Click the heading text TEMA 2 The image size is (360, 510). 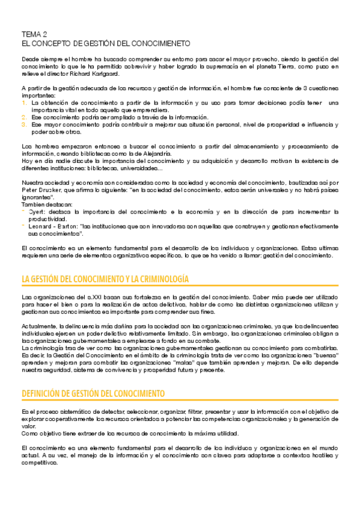click(34, 34)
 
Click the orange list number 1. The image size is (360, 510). click(24, 102)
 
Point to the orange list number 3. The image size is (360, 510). click(24, 124)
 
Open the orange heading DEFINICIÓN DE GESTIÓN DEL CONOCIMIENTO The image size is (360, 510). click(93, 393)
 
